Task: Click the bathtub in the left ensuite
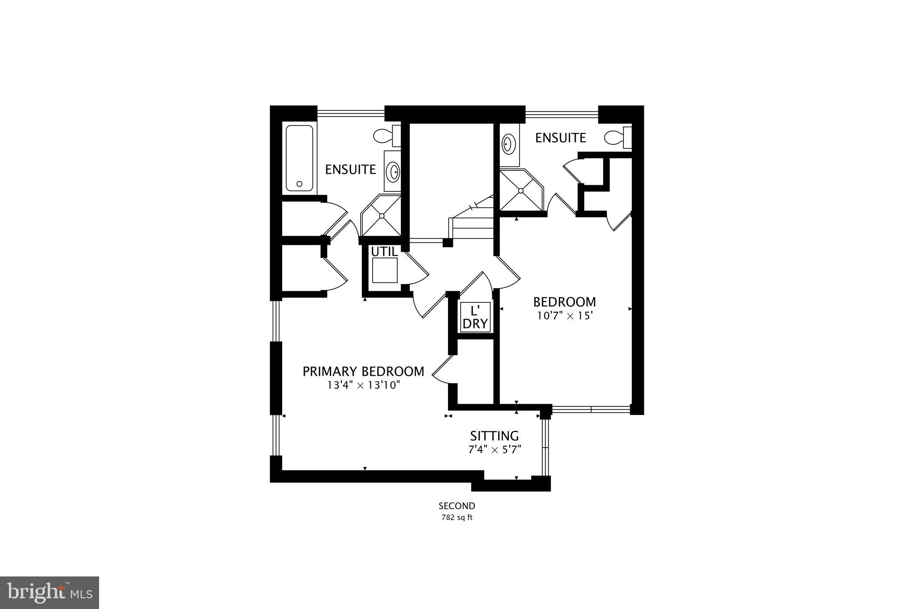[299, 158]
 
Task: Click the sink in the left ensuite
[393, 171]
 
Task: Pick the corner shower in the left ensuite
[381, 215]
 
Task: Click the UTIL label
[384, 252]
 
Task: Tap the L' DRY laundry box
[475, 317]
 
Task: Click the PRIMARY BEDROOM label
[363, 371]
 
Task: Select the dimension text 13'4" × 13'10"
[363, 385]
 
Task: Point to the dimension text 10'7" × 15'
[565, 316]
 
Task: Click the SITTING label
[494, 436]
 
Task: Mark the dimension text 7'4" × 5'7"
[494, 449]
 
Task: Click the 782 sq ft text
[457, 518]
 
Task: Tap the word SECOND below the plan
[457, 506]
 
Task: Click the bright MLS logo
[50, 592]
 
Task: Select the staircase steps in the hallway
[472, 219]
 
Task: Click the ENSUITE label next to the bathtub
[350, 170]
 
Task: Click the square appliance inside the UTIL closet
[385, 270]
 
